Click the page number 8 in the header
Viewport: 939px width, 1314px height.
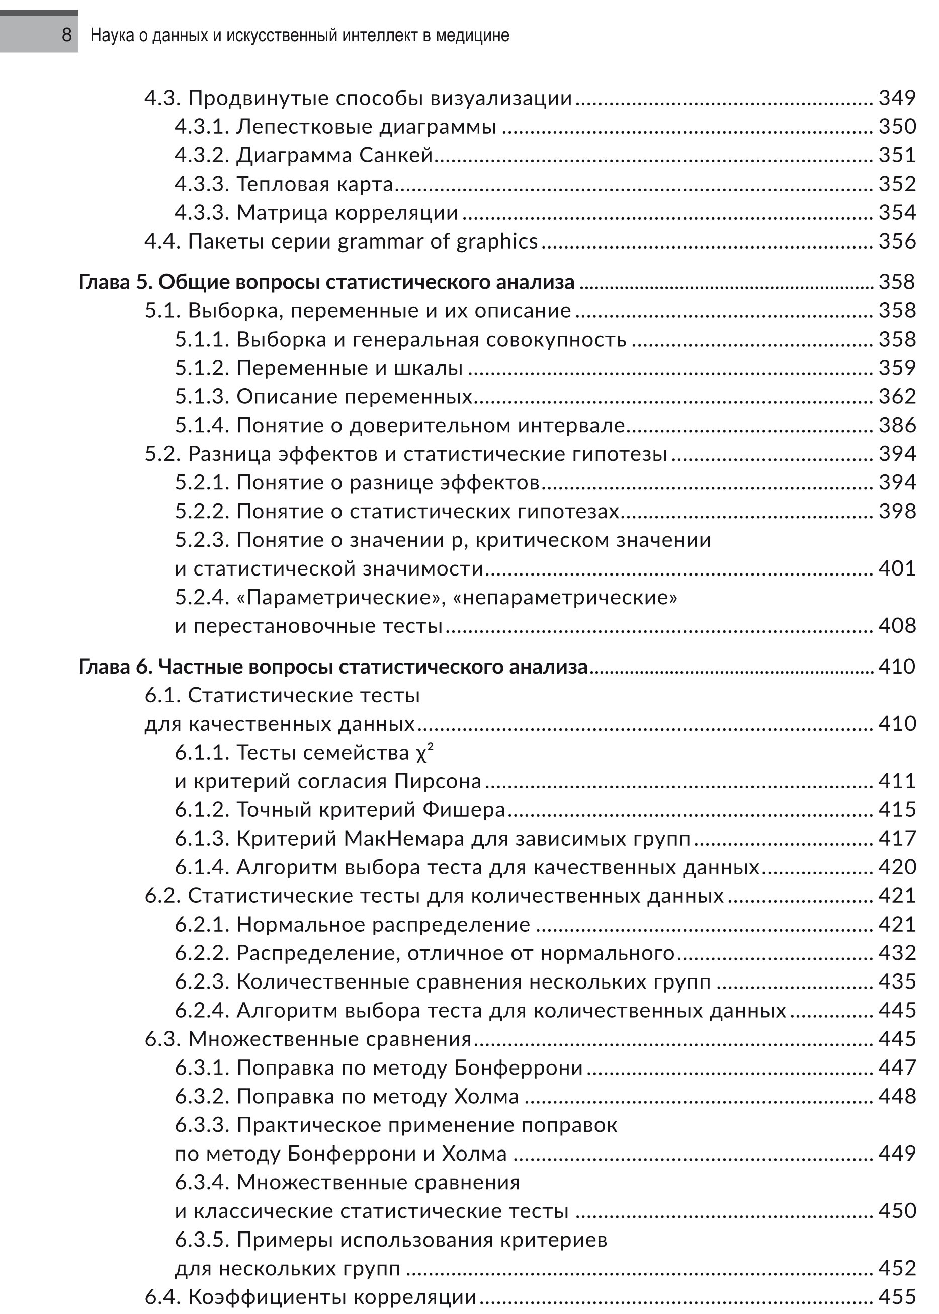pyautogui.click(x=66, y=35)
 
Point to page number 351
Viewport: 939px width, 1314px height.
pyautogui.click(x=897, y=155)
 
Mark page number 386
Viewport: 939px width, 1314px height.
pyautogui.click(x=897, y=426)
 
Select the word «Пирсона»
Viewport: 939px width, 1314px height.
pyautogui.click(x=438, y=781)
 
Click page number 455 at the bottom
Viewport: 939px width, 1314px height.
pyautogui.click(x=897, y=1297)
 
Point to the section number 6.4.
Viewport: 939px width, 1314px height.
pyautogui.click(x=163, y=1297)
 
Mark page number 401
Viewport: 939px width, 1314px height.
pyautogui.click(x=897, y=568)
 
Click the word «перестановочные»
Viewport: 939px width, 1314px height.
pyautogui.click(x=318, y=626)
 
